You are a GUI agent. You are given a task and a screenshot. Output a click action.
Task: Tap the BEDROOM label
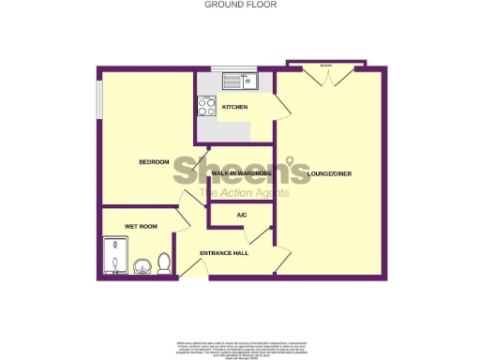click(x=154, y=162)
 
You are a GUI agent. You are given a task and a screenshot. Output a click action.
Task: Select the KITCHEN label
click(x=234, y=108)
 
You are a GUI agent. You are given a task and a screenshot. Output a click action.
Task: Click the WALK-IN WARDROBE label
click(x=240, y=174)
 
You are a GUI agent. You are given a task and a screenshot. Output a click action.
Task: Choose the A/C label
click(x=241, y=217)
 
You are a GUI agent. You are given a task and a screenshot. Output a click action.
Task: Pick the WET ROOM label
click(x=142, y=227)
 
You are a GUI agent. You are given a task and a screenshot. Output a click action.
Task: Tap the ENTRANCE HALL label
click(x=223, y=254)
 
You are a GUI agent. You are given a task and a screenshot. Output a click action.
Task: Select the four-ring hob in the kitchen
click(x=206, y=107)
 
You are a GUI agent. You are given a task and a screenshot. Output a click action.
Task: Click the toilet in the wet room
click(x=164, y=262)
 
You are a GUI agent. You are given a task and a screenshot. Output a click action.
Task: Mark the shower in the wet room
click(x=115, y=255)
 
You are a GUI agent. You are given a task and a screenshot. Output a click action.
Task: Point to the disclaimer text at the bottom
click(x=239, y=348)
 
